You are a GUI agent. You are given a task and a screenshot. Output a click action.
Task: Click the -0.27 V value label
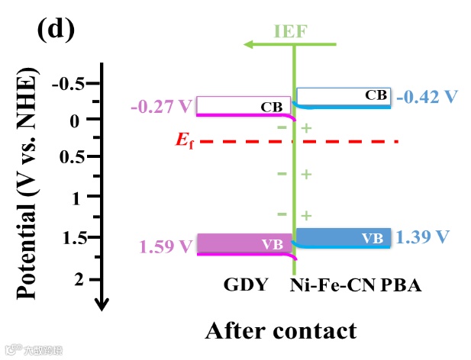pos(163,107)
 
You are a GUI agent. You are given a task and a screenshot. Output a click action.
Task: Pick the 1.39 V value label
pos(421,236)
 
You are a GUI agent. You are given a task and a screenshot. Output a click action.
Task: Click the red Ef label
pos(180,141)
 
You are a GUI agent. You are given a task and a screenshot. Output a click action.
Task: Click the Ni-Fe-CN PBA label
pos(356,285)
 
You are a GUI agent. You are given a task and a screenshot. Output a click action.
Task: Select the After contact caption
pos(280,330)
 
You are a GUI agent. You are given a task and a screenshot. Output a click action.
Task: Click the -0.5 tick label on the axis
pos(68,84)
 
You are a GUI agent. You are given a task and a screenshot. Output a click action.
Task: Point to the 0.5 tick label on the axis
pos(73,157)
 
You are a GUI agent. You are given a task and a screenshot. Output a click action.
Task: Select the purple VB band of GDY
pos(244,243)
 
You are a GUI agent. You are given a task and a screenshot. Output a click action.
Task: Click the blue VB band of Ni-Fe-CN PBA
pos(344,237)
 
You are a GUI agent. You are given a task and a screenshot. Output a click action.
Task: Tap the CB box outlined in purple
pos(244,105)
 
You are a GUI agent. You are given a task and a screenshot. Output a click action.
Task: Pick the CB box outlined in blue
pos(344,96)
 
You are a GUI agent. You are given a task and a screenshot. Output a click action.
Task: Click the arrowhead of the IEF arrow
pos(249,44)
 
